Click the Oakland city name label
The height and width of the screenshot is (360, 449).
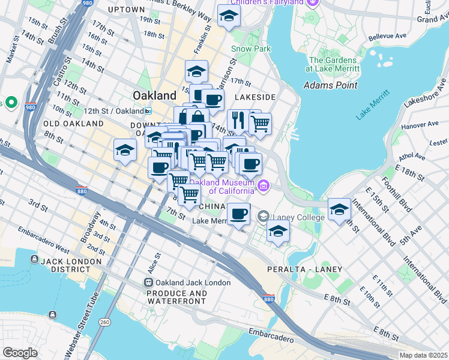154,95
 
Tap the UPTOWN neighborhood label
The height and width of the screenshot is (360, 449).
127,10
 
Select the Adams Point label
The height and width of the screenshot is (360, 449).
331,85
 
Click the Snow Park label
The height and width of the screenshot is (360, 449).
251,49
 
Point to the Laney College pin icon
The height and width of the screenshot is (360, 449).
263,216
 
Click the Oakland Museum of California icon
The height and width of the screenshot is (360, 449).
263,187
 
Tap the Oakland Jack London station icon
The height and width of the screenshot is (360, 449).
148,283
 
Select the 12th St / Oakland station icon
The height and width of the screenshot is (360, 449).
148,111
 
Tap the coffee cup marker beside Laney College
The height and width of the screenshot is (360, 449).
238,214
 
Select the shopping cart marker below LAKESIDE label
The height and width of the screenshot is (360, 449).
259,124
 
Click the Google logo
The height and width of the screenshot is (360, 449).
20,352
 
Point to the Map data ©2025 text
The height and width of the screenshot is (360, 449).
423,355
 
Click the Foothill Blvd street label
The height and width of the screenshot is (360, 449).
400,196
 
